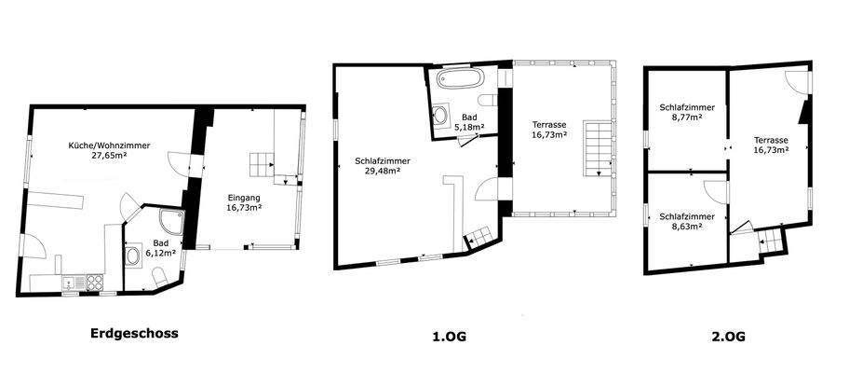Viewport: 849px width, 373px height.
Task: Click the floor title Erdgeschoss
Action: coord(134,333)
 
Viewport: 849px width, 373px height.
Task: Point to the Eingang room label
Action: coord(245,197)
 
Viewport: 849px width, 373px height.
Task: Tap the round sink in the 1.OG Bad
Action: coord(439,115)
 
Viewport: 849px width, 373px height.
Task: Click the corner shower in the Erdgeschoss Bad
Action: coord(171,223)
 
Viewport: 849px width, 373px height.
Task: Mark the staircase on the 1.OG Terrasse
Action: coord(595,148)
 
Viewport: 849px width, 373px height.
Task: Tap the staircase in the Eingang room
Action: coord(262,166)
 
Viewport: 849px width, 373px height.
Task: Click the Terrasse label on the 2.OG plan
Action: coord(772,139)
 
